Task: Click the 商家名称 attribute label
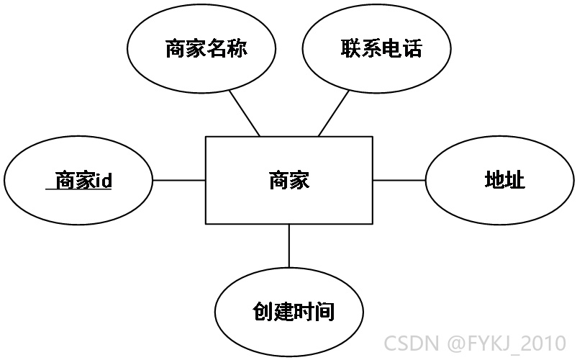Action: [206, 48]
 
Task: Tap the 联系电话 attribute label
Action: [381, 48]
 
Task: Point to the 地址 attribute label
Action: [504, 180]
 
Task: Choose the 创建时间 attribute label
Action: [294, 312]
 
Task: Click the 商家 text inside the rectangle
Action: [289, 181]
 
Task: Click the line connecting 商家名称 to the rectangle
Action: [245, 113]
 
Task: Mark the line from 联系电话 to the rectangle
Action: [333, 113]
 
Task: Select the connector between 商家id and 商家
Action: [179, 181]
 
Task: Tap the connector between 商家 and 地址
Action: [399, 181]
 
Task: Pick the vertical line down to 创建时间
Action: [289, 246]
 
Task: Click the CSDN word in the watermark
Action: [412, 343]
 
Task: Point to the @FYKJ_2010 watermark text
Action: [506, 343]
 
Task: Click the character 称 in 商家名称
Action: [237, 48]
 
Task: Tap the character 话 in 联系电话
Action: [412, 48]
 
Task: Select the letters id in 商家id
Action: [104, 181]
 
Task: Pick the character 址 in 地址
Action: [515, 180]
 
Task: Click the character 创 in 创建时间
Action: [263, 312]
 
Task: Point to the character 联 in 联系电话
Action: [350, 48]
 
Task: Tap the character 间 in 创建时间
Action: [324, 312]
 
